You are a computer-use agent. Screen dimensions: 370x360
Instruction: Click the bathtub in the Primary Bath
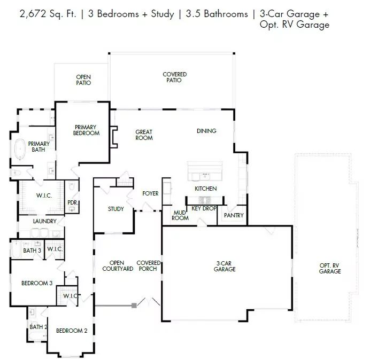coord(20,150)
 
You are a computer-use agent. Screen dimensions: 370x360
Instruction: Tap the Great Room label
coord(144,135)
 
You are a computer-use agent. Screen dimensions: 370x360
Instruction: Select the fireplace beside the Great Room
coord(113,137)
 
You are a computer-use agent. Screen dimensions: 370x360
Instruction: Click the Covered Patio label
coord(175,77)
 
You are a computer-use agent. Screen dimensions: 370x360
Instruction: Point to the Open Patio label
coord(83,80)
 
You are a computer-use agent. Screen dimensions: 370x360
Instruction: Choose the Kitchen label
coord(206,189)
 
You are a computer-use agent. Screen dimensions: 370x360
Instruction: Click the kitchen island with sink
coord(205,171)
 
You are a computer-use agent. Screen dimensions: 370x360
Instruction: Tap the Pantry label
coord(234,215)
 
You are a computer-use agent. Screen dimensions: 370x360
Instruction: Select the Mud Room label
coord(180,215)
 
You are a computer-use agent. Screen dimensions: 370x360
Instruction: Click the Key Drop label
coord(204,208)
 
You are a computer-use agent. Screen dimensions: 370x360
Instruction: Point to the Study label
coord(116,209)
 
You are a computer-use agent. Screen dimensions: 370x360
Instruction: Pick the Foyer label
coord(150,193)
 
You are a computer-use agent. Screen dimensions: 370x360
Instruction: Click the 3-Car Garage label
coord(225,266)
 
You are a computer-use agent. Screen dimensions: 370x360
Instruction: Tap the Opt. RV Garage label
coord(330,268)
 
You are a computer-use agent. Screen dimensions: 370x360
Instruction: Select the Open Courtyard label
coord(118,265)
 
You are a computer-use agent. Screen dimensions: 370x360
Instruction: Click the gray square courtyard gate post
coord(134,306)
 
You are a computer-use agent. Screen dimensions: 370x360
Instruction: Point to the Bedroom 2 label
coord(72,331)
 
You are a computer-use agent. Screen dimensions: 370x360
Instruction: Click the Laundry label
coord(44,221)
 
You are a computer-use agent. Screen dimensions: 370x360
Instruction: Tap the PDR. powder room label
coord(73,202)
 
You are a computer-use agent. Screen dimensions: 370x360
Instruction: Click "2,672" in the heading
coord(33,14)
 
